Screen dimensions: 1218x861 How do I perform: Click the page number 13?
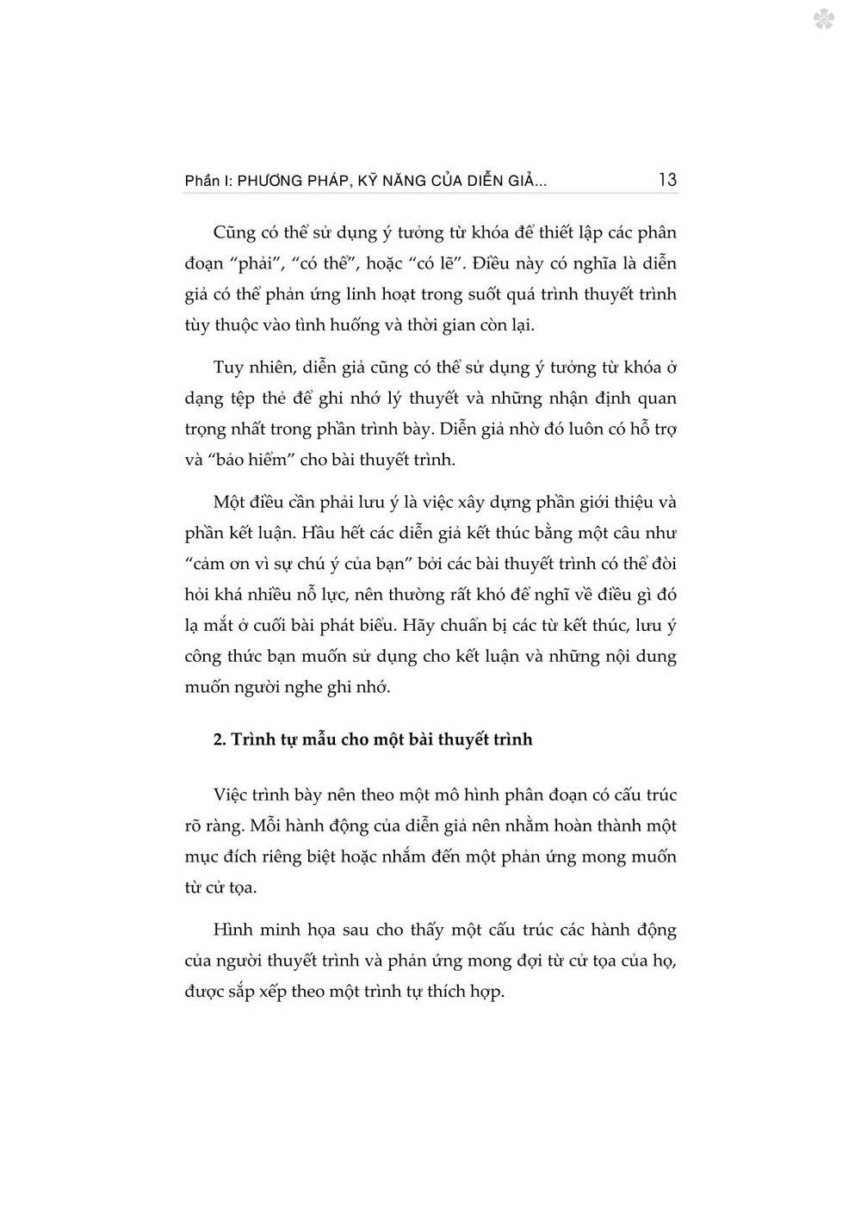click(667, 180)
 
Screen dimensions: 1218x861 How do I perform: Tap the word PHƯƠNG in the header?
click(274, 181)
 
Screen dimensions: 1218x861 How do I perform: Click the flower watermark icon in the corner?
click(824, 20)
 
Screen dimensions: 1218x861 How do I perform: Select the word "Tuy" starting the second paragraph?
click(228, 368)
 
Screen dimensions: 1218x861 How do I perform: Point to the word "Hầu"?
click(319, 533)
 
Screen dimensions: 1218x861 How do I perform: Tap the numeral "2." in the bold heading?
click(220, 739)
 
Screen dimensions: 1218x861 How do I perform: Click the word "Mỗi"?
click(267, 826)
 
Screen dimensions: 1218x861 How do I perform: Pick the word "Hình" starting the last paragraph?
click(232, 931)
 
